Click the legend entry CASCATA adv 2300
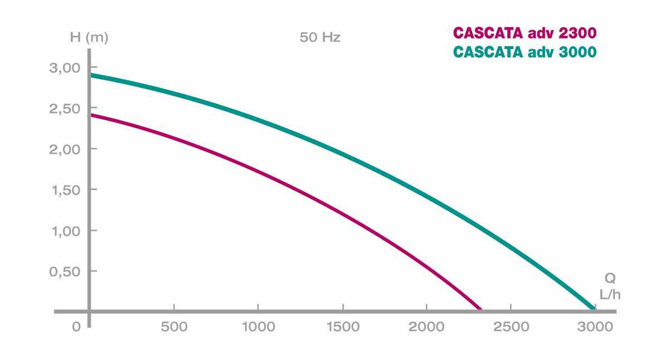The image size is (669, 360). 525,32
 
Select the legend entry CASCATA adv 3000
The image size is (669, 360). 525,52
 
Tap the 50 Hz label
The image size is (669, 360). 320,38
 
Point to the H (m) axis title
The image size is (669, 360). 89,38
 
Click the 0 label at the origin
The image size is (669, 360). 76,327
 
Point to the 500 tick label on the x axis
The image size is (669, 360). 174,327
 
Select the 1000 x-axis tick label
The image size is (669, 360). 258,327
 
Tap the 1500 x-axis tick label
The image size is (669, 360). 342,327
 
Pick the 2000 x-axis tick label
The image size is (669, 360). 426,327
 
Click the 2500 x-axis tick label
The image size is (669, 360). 511,327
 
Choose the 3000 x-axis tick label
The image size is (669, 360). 595,327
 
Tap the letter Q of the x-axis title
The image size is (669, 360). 610,278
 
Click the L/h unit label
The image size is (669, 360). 610,294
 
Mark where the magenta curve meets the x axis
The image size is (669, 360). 480,309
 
